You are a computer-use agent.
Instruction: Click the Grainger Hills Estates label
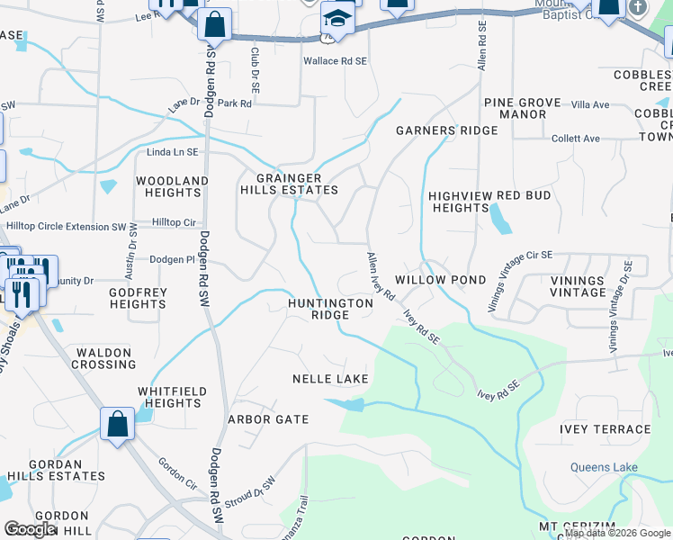[x=289, y=183]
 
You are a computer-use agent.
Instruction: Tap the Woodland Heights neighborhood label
[x=172, y=186]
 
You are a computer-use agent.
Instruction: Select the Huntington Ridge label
[x=330, y=309]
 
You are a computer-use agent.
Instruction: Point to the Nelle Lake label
[x=330, y=379]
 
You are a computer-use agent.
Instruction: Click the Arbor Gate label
[x=268, y=419]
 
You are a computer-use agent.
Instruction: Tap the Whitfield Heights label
[x=172, y=397]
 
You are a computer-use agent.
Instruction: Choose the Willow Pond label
[x=441, y=280]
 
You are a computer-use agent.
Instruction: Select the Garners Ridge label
[x=447, y=130]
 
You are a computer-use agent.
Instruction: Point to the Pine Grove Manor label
[x=522, y=108]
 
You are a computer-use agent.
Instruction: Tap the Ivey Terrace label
[x=605, y=429]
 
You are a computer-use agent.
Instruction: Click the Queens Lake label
[x=604, y=467]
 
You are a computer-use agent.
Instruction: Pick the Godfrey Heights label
[x=137, y=298]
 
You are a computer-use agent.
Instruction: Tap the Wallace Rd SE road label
[x=335, y=60]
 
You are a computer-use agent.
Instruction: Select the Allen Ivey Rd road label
[x=381, y=276]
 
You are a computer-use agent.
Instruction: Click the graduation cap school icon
[x=337, y=17]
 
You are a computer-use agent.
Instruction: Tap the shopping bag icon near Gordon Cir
[x=118, y=423]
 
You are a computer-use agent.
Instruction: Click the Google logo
[x=30, y=529]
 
